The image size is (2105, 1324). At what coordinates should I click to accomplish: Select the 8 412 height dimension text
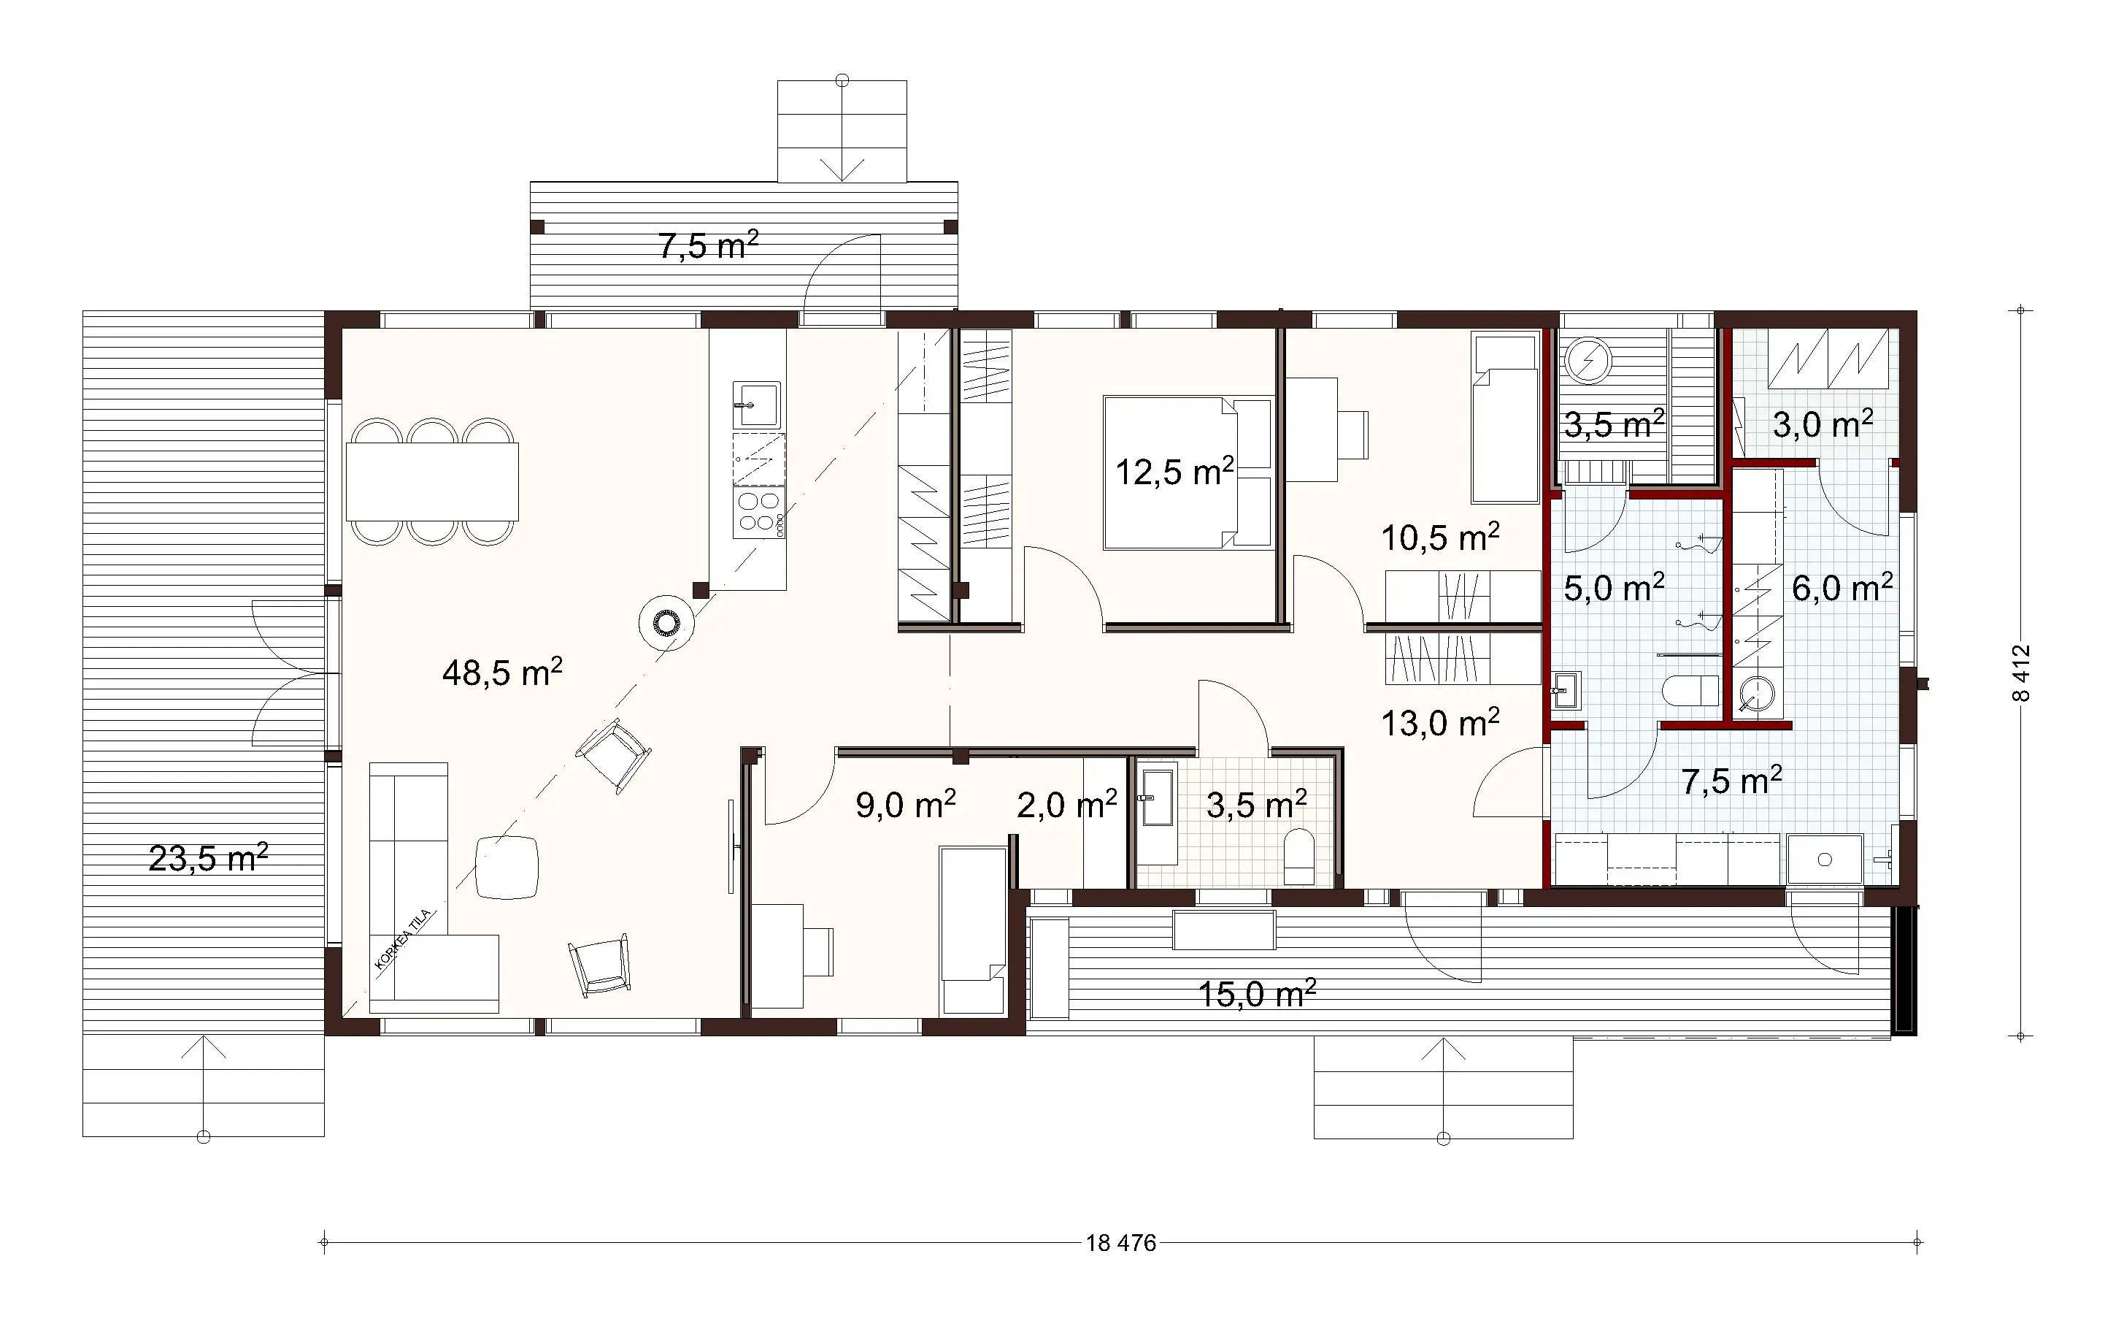[2021, 673]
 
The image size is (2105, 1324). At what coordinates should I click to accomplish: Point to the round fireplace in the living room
[666, 623]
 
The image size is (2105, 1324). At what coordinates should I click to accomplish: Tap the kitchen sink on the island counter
[756, 405]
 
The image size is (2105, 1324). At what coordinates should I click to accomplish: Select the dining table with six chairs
[432, 482]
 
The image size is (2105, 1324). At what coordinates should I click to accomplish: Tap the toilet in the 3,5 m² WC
[1299, 856]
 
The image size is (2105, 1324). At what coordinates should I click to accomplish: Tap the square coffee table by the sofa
[507, 867]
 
